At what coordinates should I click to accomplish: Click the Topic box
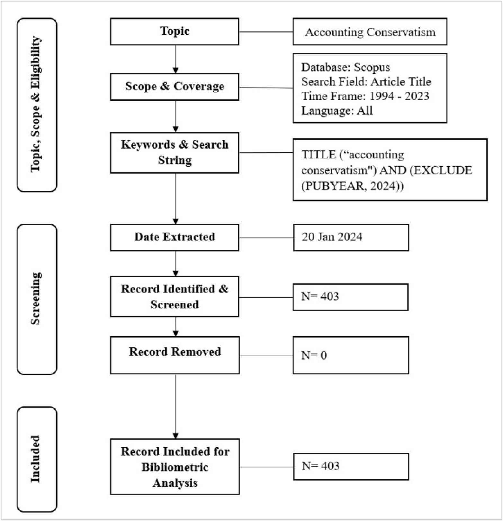click(175, 32)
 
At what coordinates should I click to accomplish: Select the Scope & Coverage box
click(175, 87)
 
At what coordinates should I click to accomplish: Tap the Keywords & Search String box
click(175, 153)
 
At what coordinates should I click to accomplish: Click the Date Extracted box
click(175, 237)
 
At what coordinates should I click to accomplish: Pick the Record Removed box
click(175, 355)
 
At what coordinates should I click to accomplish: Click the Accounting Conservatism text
click(370, 32)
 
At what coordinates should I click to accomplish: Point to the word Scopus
click(372, 67)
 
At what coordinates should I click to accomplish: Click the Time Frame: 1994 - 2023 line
click(365, 96)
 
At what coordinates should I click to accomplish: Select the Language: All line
click(337, 111)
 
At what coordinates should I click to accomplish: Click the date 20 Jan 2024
click(332, 237)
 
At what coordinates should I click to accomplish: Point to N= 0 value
click(314, 355)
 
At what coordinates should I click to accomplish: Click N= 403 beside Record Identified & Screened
click(320, 296)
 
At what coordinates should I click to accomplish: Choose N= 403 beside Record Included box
click(320, 466)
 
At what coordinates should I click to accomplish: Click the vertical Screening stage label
click(36, 298)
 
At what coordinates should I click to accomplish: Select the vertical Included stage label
click(36, 459)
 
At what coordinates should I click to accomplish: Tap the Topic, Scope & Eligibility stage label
click(36, 104)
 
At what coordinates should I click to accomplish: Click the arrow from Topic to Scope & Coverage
click(175, 59)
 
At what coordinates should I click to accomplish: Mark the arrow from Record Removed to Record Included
click(175, 406)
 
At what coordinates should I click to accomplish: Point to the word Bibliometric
click(175, 467)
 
